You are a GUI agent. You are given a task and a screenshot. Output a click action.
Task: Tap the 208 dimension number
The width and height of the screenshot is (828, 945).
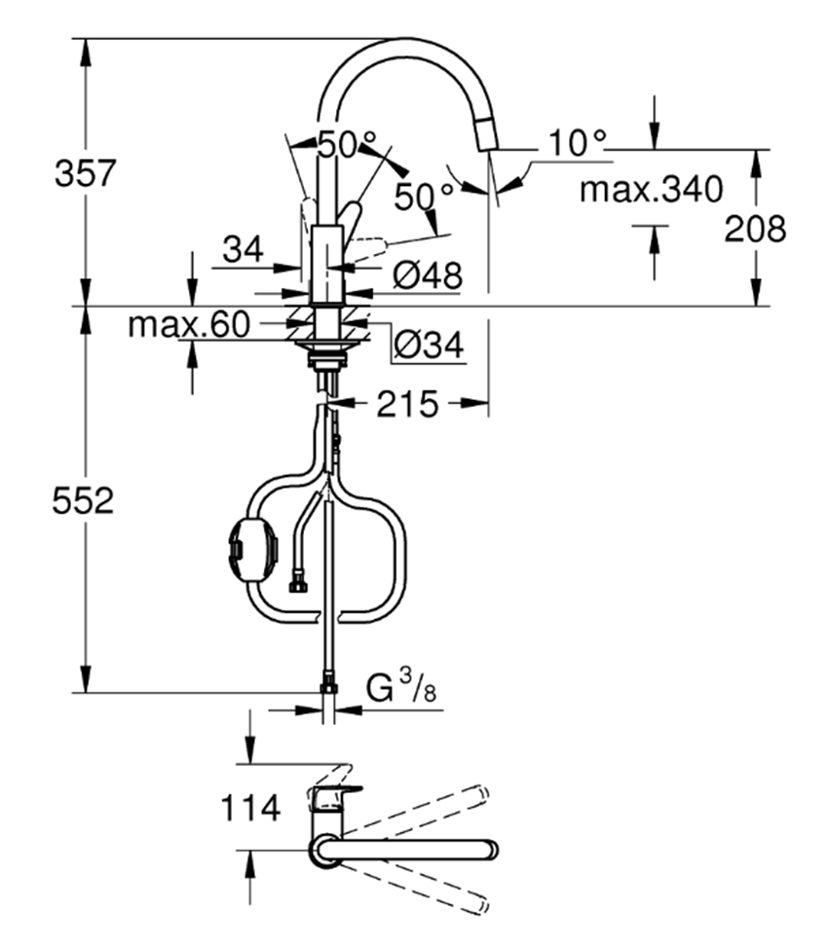(x=756, y=229)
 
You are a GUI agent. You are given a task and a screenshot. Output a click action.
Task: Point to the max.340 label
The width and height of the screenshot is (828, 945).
(x=652, y=189)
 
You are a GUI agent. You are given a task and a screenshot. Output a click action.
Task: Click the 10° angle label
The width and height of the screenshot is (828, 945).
(x=576, y=143)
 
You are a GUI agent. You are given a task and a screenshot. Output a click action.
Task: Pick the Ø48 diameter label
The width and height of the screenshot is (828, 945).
(x=427, y=276)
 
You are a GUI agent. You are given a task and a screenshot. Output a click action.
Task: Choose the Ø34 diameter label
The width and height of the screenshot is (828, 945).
(x=427, y=343)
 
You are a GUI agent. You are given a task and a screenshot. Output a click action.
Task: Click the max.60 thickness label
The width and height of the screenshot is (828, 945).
(x=190, y=324)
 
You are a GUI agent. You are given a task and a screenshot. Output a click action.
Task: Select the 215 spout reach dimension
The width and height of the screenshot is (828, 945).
(x=407, y=404)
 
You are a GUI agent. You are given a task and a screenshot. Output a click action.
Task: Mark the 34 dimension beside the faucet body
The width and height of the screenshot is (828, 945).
(x=243, y=250)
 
